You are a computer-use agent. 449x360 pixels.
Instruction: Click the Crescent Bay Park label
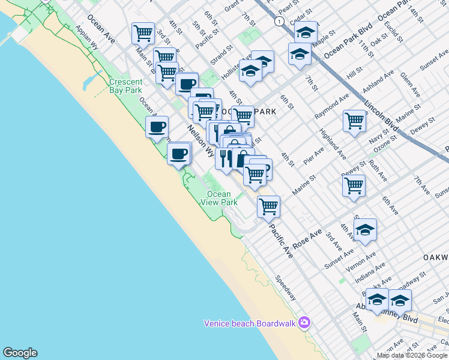[x=125, y=86]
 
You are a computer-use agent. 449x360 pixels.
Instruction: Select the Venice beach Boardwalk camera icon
[x=304, y=323]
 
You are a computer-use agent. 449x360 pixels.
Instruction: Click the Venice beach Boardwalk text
[x=250, y=323]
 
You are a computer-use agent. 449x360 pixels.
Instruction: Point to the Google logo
[x=20, y=353]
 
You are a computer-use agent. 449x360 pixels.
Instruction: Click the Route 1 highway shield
[x=279, y=21]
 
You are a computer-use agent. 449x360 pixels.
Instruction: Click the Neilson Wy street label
[x=200, y=139]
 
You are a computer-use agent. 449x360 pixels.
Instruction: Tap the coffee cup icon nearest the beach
[x=157, y=127]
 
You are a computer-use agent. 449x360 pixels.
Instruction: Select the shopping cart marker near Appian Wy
[x=143, y=33]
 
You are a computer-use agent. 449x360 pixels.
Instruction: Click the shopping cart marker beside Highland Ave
[x=354, y=120]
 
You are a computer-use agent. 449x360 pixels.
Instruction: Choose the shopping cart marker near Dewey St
[x=354, y=185]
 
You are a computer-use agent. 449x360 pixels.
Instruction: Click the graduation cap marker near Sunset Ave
[x=364, y=229]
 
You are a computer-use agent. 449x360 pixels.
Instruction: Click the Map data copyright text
[x=412, y=355]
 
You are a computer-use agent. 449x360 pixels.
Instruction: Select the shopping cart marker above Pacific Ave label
[x=268, y=206]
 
